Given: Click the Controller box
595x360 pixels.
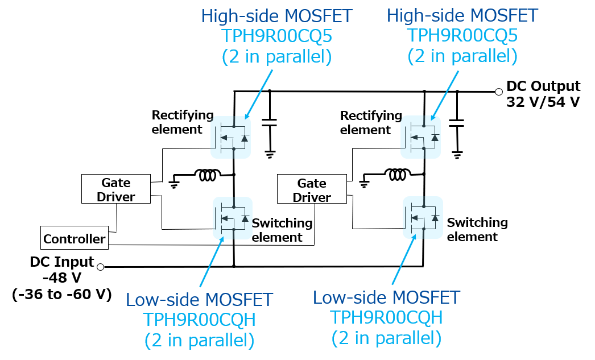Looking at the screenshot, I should [x=74, y=238].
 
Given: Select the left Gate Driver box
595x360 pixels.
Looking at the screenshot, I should [x=116, y=189].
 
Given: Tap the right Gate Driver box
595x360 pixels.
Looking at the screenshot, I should [x=312, y=190].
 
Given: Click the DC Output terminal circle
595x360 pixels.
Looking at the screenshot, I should [x=499, y=92].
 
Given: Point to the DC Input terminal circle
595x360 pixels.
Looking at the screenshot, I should [x=101, y=267].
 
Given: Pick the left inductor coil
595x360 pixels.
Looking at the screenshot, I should [x=206, y=175].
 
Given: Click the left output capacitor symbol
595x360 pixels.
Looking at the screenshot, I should [x=270, y=122].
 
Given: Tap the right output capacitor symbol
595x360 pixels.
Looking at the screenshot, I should [x=457, y=122].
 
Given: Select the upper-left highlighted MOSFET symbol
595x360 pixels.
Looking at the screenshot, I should [x=232, y=137].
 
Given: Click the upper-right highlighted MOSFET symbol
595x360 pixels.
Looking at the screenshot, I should [x=421, y=137].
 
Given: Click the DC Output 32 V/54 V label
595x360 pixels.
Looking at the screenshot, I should [x=543, y=94].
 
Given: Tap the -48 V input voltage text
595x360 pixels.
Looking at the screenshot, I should [x=62, y=278].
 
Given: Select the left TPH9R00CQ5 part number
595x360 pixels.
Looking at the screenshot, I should [x=277, y=36].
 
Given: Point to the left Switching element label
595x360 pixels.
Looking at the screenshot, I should [x=282, y=230].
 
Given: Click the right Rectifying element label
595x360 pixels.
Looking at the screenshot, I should [x=371, y=123].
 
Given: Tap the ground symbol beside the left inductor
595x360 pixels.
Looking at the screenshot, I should [x=174, y=182].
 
